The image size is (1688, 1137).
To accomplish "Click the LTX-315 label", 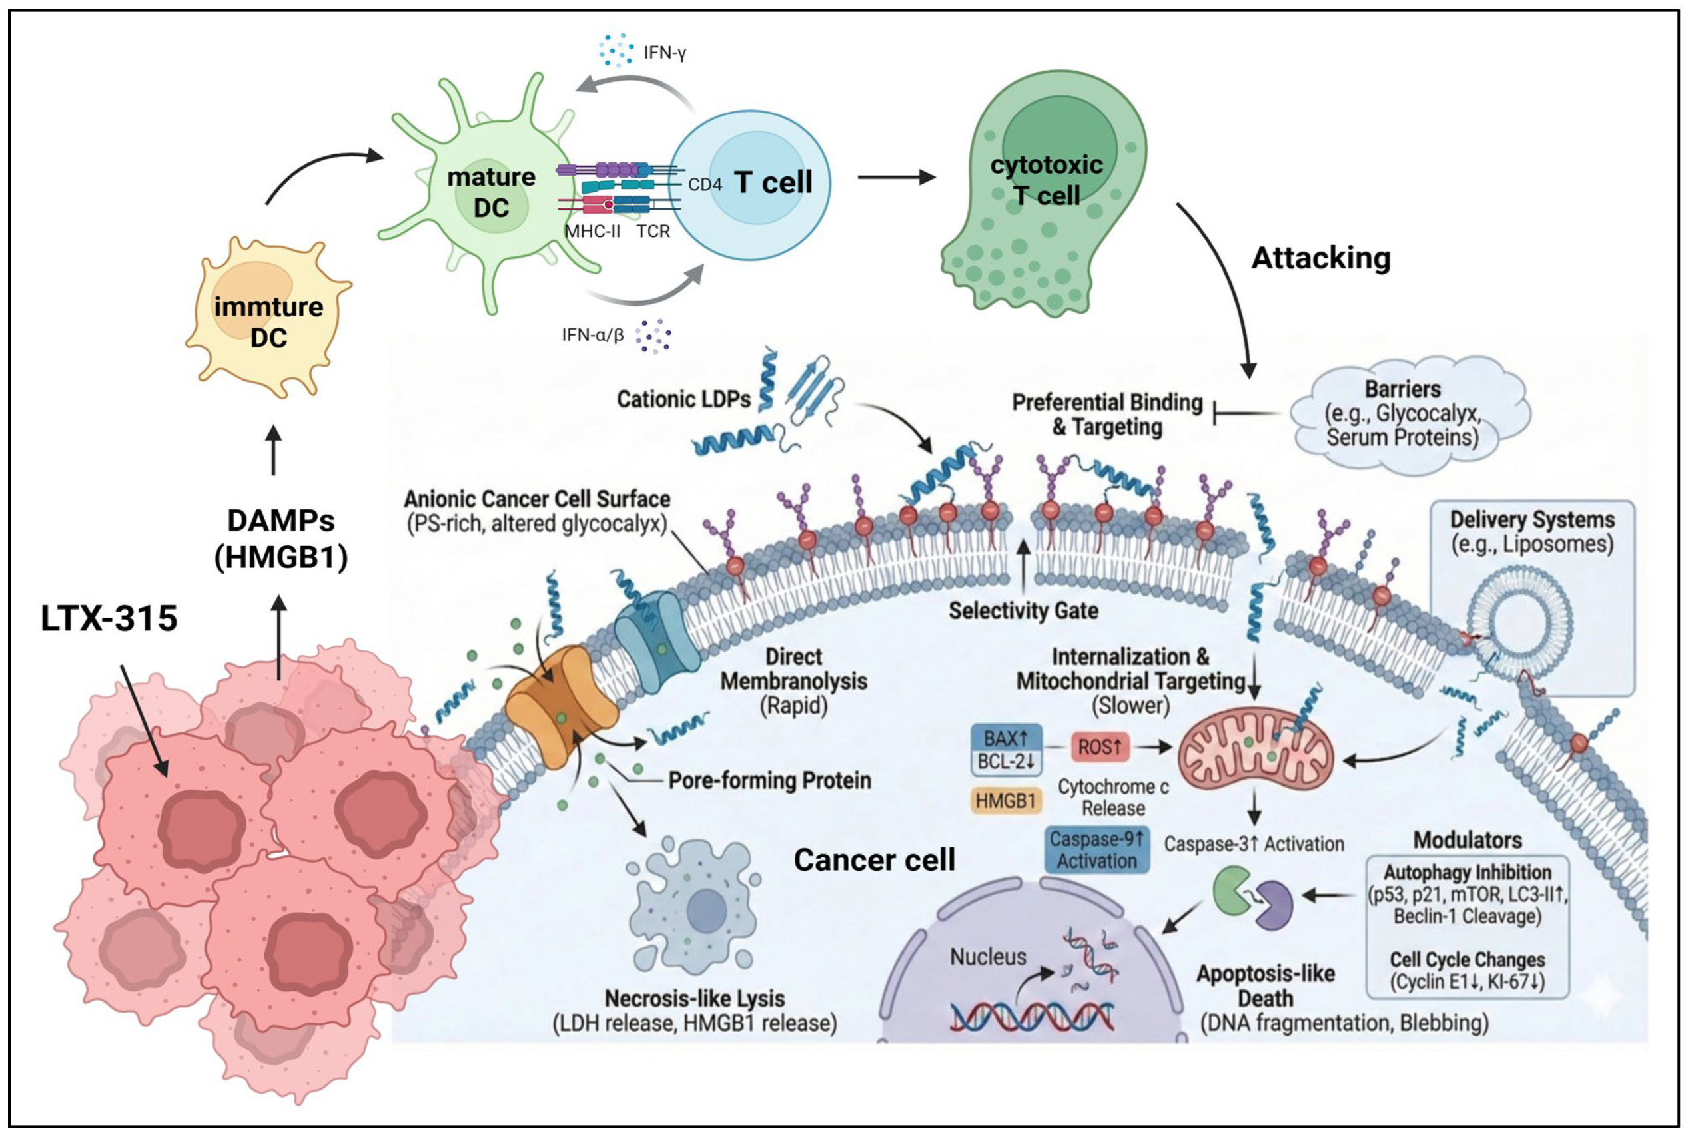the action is point(109,618).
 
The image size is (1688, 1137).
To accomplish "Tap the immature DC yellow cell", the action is point(268,318).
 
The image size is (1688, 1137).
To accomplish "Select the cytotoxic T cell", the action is point(1045,194).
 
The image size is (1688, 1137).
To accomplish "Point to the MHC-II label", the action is point(592,231).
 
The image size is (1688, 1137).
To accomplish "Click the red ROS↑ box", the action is point(1100,746).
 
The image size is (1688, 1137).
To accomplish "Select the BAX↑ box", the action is point(1006,738).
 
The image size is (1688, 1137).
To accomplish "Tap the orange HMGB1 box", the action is point(1005,801).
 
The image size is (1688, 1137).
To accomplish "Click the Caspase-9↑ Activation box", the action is point(1096,850).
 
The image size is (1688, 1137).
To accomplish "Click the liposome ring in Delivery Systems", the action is point(1519,616).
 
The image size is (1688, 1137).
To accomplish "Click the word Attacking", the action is point(1321,258).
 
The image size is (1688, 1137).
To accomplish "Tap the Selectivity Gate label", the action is point(1023,610).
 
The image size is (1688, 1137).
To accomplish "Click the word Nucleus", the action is point(988,957).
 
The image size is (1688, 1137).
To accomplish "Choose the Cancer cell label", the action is point(874,860).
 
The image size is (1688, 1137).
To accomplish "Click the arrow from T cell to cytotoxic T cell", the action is point(897,177).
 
